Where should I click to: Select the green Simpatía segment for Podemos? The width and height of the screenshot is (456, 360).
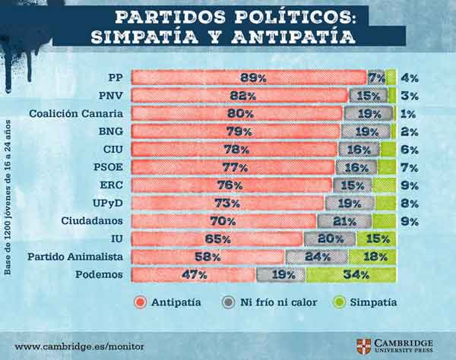coord(350,275)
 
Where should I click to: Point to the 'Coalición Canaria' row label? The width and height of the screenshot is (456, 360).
coord(77,113)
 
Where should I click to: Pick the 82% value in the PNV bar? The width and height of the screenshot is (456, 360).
coord(239,95)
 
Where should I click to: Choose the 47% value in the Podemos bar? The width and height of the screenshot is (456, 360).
coord(193,275)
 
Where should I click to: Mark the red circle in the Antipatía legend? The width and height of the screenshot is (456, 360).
coord(139,302)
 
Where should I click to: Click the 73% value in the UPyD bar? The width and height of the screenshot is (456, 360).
coord(227,203)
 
